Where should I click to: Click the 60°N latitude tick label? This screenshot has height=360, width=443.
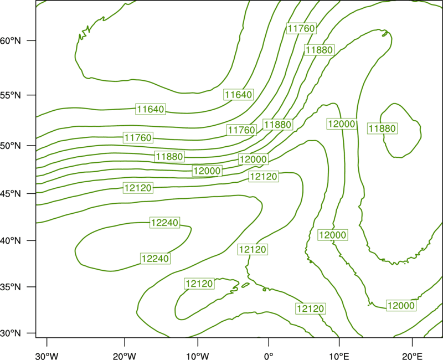(x=11, y=40)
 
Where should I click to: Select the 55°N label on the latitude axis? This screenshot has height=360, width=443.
(x=11, y=95)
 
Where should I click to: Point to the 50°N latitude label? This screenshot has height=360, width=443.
(x=11, y=146)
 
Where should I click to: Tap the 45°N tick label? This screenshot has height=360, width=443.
(x=11, y=193)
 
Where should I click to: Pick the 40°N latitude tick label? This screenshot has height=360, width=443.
(x=11, y=241)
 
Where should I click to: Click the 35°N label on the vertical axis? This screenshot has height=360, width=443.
(x=11, y=287)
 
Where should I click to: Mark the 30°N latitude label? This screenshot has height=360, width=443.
(x=11, y=333)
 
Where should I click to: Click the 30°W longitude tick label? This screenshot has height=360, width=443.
(x=47, y=356)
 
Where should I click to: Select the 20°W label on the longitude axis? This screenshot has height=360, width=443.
(x=125, y=356)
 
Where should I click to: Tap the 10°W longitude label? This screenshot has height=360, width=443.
(x=198, y=356)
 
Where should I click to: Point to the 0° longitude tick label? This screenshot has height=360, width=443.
(x=269, y=356)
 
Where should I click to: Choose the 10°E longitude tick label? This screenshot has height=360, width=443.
(x=339, y=356)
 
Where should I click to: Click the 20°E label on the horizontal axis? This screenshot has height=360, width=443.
(x=412, y=356)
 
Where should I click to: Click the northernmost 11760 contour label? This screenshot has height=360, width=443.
(x=301, y=28)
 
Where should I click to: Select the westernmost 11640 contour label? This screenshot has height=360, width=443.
(x=151, y=109)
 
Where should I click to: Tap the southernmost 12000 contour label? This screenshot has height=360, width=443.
(x=401, y=306)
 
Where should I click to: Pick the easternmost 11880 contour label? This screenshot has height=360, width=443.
(x=383, y=128)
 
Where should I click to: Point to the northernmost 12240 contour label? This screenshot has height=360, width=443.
(x=165, y=223)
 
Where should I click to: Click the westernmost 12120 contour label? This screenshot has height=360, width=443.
(x=138, y=188)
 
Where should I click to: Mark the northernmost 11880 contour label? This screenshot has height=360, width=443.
(x=320, y=50)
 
